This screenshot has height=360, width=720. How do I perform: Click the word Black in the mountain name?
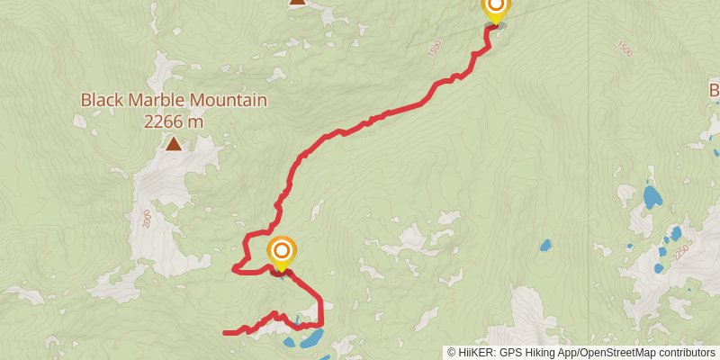click(102, 100)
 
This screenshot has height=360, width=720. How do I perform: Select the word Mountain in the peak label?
click(226, 100)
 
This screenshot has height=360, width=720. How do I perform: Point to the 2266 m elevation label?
click(173, 120)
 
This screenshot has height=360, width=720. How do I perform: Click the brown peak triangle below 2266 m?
click(173, 142)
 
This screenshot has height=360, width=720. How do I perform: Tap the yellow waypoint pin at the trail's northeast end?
click(495, 9)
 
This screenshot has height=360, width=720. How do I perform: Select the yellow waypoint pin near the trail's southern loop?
click(281, 252)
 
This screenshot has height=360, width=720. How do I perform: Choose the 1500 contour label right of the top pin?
click(625, 49)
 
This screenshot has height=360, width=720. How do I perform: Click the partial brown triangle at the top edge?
click(298, 2)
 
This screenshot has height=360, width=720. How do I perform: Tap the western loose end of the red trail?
click(225, 333)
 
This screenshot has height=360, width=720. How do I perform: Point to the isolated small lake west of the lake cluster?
click(544, 245)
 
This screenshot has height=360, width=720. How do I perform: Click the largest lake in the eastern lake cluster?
click(652, 195)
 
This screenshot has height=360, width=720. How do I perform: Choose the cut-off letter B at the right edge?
click(715, 90)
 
